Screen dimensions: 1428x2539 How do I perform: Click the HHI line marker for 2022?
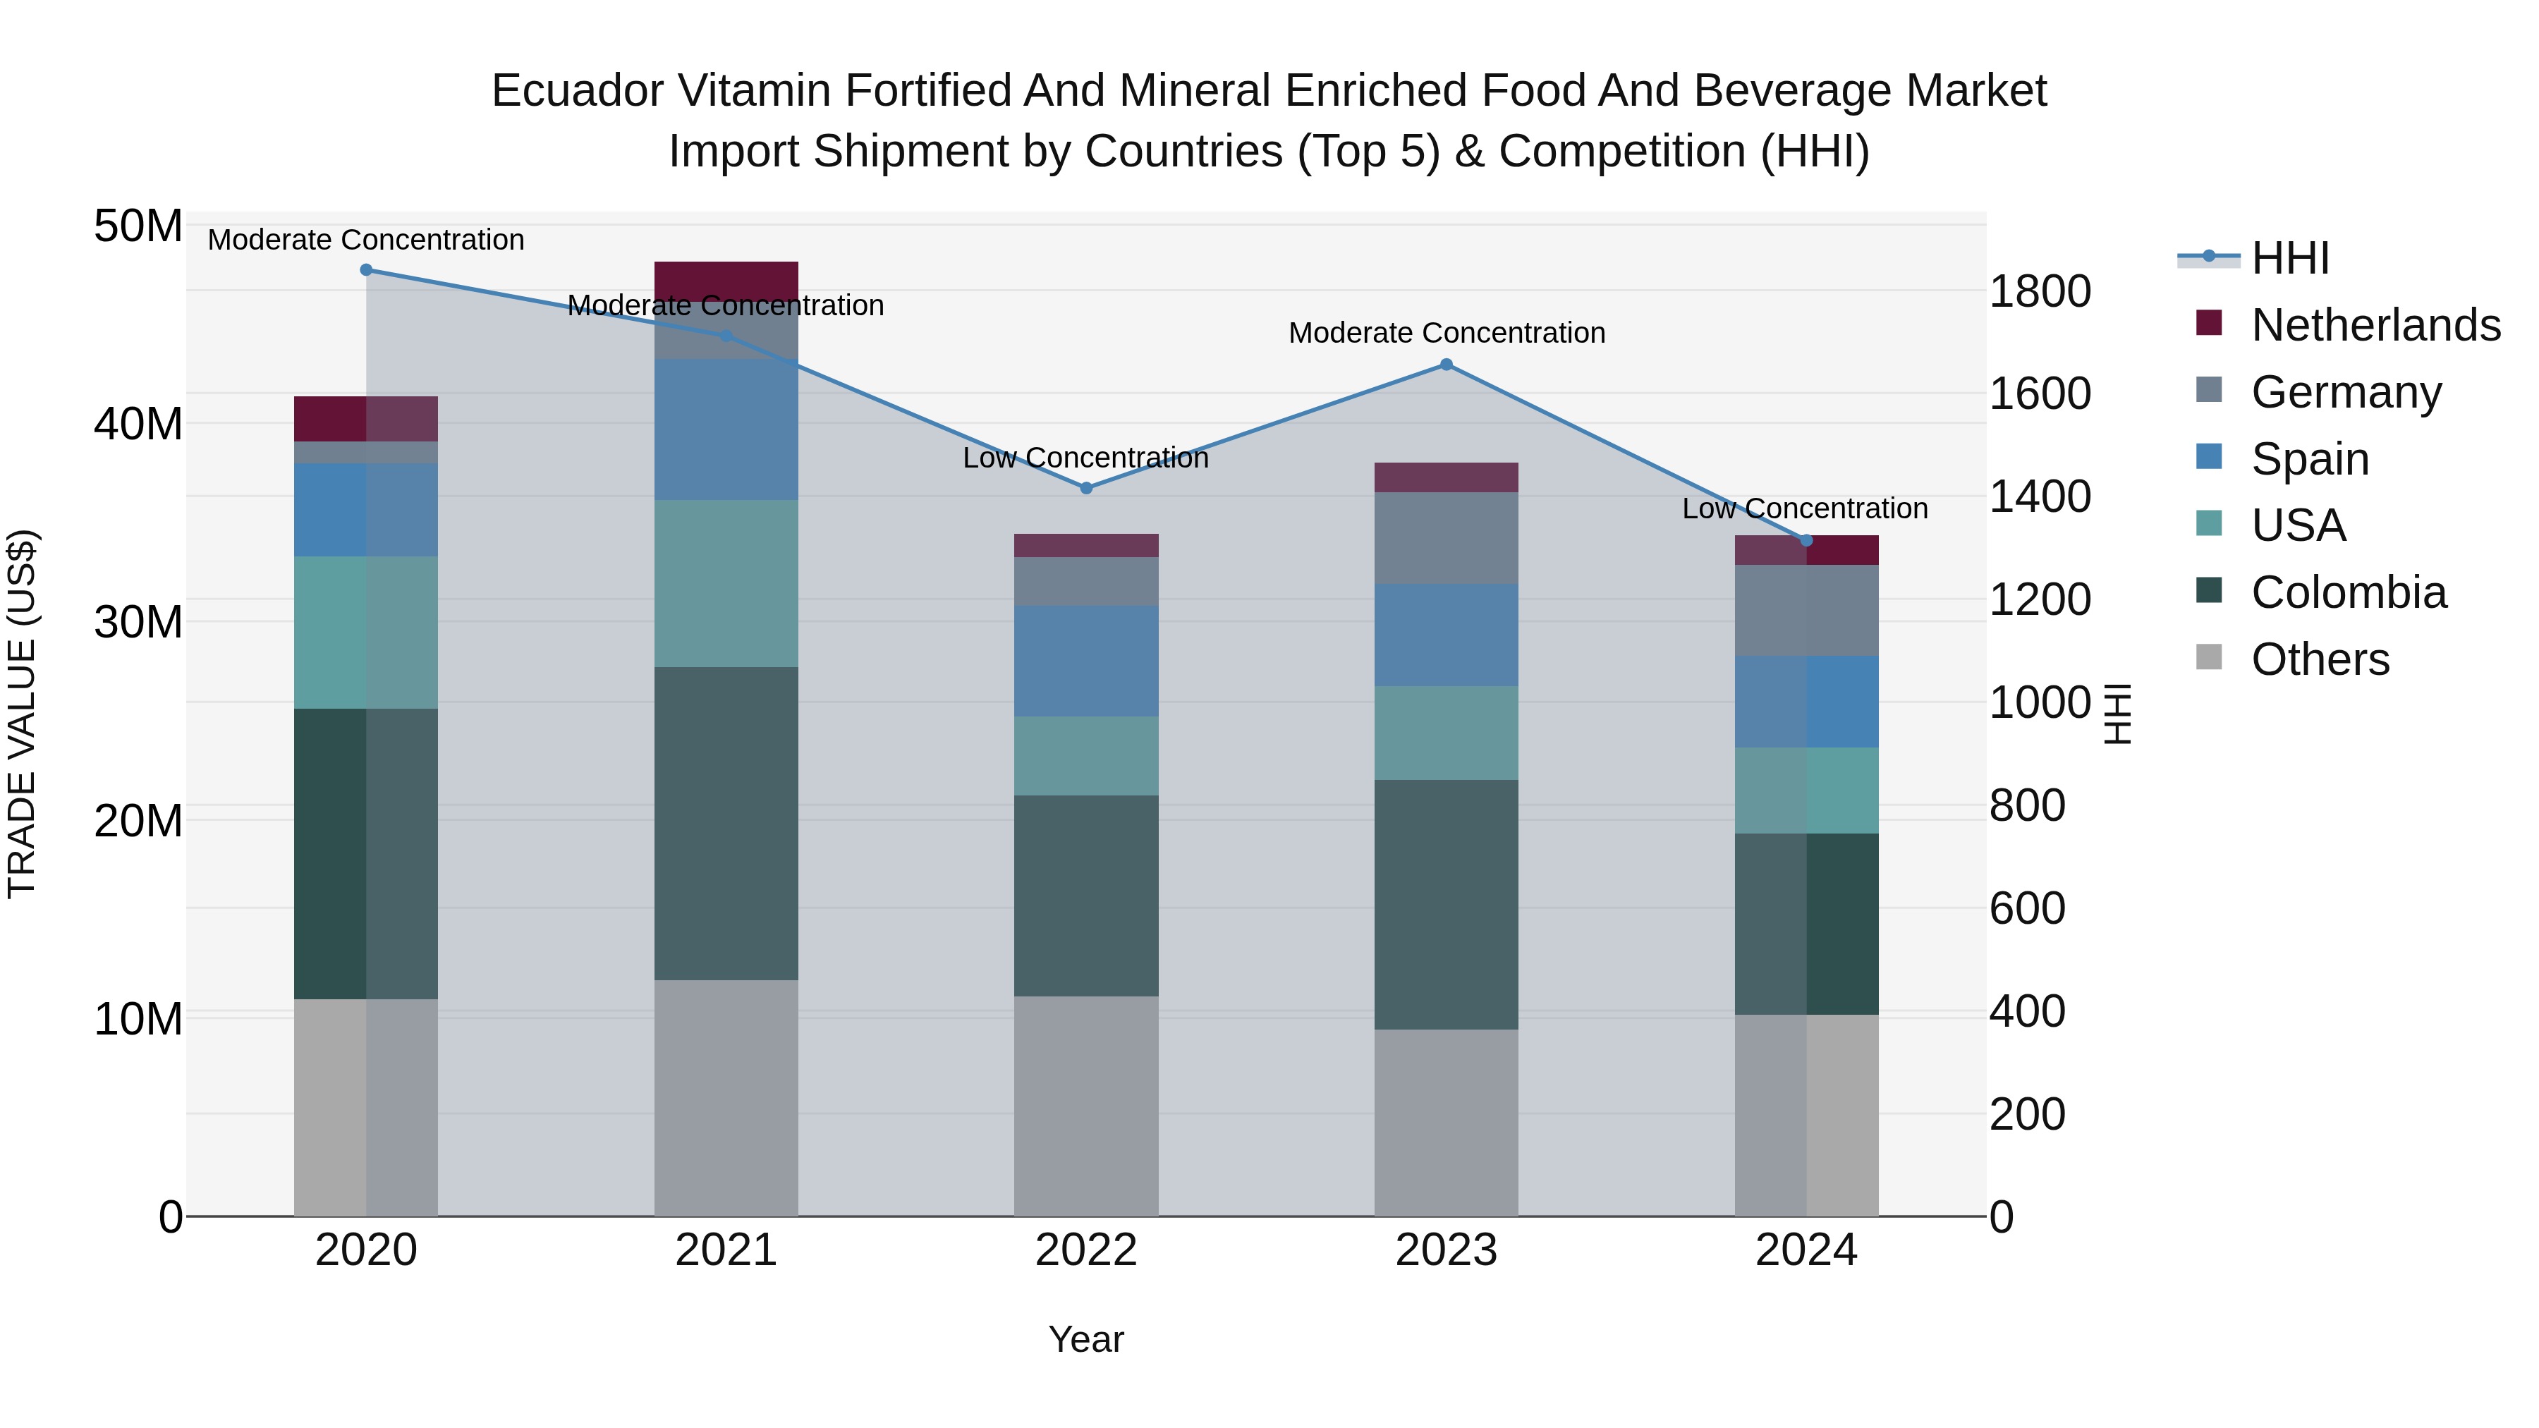[x=1086, y=488]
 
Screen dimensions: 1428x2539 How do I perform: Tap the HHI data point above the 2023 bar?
[x=1446, y=365]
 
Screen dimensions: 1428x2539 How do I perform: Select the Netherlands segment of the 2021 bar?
[x=726, y=281]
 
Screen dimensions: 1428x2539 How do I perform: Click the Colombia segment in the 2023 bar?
[x=1446, y=905]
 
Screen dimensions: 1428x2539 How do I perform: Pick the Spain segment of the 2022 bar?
[x=1086, y=660]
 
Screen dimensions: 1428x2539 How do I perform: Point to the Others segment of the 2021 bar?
[x=726, y=1097]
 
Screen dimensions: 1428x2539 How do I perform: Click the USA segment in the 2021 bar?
[x=726, y=583]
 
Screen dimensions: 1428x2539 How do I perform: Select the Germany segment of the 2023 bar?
[x=1446, y=537]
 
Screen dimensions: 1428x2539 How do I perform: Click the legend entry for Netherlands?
[x=2375, y=325]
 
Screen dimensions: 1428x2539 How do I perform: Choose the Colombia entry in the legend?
[x=2348, y=592]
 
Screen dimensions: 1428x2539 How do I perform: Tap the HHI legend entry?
[x=2289, y=258]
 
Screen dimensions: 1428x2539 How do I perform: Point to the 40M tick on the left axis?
[x=138, y=424]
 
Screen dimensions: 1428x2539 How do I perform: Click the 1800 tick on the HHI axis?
[x=2039, y=292]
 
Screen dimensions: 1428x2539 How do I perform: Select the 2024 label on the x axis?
[x=1806, y=1250]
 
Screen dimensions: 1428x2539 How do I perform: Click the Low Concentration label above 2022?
[x=1085, y=458]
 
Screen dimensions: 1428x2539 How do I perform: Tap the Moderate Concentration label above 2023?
[x=1446, y=333]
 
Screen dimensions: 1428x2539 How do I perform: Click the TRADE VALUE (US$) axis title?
[x=22, y=714]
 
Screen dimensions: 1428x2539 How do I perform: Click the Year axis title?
[x=1085, y=1339]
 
